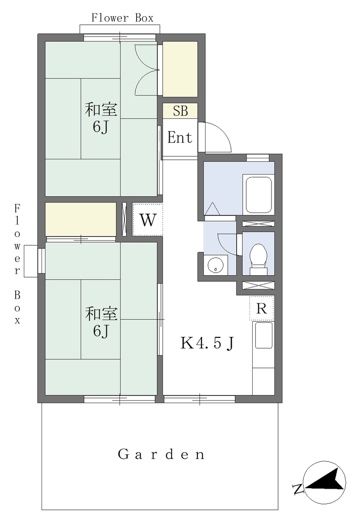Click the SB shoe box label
[x=180, y=111]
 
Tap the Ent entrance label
[x=180, y=138]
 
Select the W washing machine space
[x=147, y=220]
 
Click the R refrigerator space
[x=261, y=308]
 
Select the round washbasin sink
[x=216, y=265]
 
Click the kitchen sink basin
[x=263, y=335]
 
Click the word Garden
[x=162, y=455]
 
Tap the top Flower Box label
[x=123, y=18]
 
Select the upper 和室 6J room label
[x=101, y=118]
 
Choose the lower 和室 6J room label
[x=101, y=322]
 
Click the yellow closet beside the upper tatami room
[x=180, y=69]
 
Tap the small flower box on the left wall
[x=31, y=261]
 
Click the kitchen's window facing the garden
[x=199, y=399]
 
